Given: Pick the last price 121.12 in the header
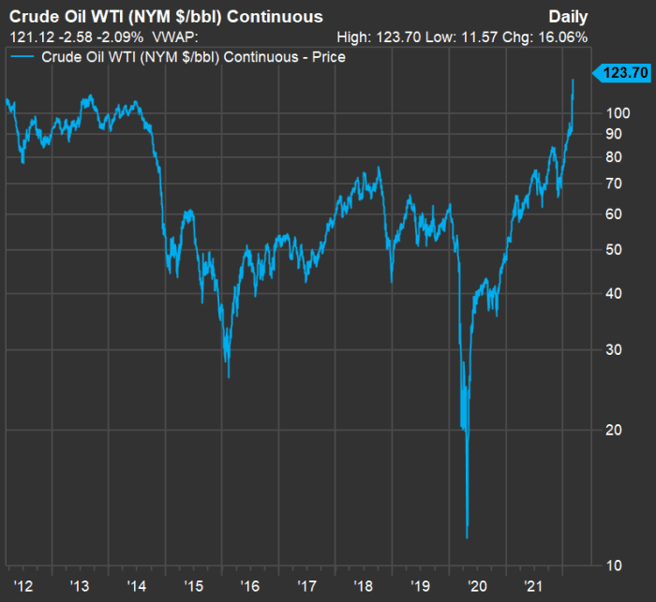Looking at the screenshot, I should tap(27, 37).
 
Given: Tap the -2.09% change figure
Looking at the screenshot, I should tap(116, 37).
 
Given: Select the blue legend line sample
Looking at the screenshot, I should tap(23, 57).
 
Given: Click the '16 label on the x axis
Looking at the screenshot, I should tap(250, 585).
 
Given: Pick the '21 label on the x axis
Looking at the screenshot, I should tap(535, 585).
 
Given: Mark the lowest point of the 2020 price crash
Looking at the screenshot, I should tap(467, 538).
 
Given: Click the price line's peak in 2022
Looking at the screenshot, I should tap(573, 80).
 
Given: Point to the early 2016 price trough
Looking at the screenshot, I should tap(229, 377).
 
